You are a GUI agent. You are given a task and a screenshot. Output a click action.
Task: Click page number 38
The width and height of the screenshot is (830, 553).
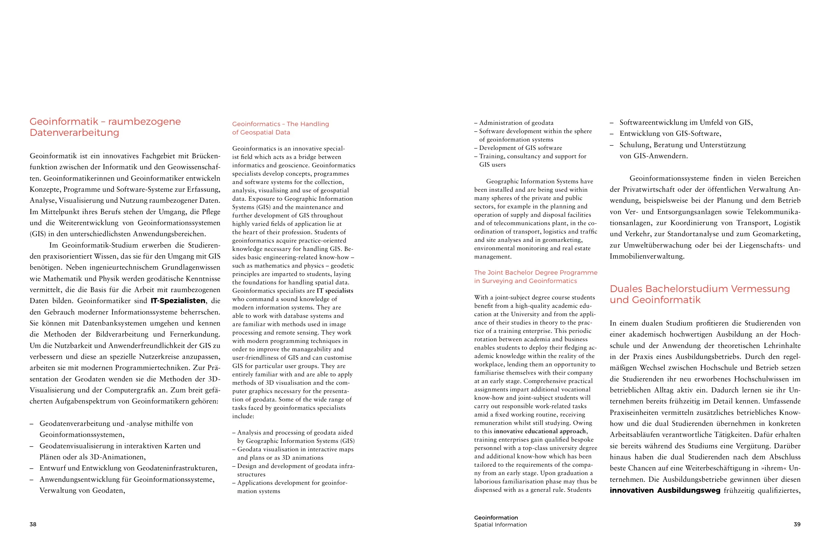point(33,524)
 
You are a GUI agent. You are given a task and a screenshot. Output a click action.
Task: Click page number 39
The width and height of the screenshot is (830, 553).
point(797,524)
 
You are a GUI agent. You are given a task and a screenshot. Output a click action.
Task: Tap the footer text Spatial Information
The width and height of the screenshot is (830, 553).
point(500,525)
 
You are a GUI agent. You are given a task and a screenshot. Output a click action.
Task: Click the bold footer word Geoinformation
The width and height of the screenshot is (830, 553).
point(496,518)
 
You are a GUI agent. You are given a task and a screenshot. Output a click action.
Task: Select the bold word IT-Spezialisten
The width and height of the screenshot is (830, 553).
point(178,300)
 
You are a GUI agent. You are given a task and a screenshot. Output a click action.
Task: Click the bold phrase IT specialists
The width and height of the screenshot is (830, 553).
point(334,291)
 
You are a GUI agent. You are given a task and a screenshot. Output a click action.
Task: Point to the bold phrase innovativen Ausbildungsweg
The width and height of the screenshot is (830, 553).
point(665,490)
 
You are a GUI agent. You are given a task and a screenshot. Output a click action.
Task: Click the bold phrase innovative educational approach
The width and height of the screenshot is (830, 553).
point(540,431)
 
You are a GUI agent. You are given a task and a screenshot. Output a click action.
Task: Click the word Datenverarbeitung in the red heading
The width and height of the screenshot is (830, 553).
point(74,132)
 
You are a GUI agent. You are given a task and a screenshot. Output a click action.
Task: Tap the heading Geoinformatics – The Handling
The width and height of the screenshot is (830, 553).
point(280,124)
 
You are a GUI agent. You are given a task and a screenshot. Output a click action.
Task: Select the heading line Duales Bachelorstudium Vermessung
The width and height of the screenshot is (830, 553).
point(699,288)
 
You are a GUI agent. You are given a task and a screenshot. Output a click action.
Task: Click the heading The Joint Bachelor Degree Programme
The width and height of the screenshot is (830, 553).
point(535,272)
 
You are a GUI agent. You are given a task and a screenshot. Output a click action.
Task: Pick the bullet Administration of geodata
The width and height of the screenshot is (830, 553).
point(516,123)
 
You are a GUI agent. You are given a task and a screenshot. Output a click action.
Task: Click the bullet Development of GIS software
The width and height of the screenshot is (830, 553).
point(520,148)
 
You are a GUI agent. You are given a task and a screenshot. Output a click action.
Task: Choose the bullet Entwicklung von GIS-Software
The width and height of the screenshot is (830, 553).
point(670,133)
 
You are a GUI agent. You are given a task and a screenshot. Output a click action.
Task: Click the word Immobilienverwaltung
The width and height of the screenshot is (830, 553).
point(647,256)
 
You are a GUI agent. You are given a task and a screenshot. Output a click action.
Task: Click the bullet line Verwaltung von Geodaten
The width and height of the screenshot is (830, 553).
point(82,490)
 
